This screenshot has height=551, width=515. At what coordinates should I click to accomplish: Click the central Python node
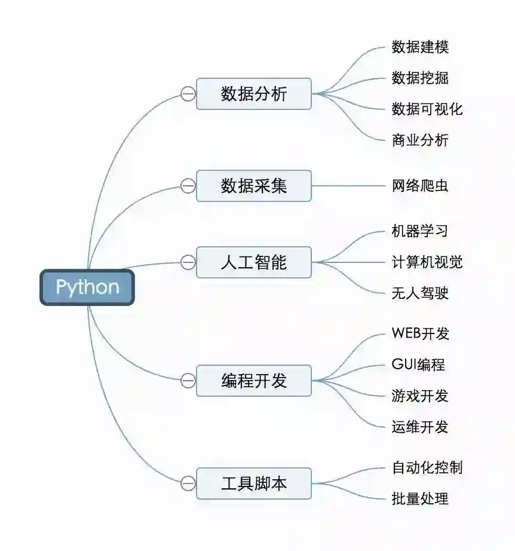(87, 287)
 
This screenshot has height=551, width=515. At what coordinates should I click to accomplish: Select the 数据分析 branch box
(254, 94)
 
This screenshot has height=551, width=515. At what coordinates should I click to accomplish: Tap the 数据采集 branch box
(254, 186)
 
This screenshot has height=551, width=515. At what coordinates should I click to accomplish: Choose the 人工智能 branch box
(254, 262)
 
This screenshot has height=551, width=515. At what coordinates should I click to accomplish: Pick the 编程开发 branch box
(254, 381)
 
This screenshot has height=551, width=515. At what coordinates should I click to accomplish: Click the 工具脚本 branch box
(254, 483)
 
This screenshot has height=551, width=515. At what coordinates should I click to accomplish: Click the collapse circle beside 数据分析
(188, 94)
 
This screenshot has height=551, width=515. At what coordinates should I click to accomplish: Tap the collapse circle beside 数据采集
(188, 186)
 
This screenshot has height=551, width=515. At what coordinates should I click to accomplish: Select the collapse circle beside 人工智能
(188, 262)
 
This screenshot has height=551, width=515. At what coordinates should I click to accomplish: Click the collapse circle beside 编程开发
(188, 381)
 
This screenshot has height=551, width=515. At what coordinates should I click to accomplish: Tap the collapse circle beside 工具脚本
(188, 483)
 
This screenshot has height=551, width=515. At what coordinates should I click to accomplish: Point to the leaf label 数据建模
(419, 47)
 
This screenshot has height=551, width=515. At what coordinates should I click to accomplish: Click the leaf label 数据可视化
(427, 109)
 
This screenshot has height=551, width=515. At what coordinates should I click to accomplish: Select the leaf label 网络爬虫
(419, 186)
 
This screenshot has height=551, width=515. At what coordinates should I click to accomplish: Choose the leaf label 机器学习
(419, 231)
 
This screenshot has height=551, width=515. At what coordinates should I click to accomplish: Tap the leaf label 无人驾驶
(419, 293)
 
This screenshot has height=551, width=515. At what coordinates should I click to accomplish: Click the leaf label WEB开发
(420, 333)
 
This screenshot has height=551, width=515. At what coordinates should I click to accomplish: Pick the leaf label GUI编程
(418, 365)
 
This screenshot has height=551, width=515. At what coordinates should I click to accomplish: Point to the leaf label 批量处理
(419, 498)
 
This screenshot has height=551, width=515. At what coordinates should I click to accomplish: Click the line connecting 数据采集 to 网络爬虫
(350, 186)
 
